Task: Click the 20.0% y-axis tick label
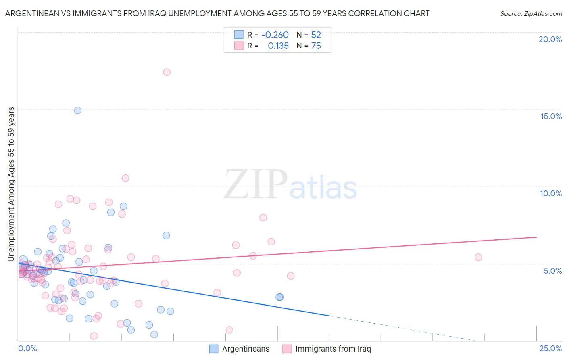coord(550,39)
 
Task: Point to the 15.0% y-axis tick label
coord(551,116)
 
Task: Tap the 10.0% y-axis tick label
coord(551,193)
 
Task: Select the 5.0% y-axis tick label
coord(552,271)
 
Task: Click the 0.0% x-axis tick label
coord(27,349)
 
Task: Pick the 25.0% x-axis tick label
coord(550,349)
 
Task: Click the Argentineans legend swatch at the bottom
coord(214,349)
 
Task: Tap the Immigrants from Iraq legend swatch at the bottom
coord(287,349)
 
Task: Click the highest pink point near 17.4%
coord(167,72)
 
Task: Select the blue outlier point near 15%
coord(77,110)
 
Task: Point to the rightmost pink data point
coord(478,257)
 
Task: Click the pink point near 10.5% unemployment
coord(125,178)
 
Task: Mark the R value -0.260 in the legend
coord(275,35)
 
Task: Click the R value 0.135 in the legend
coord(278,46)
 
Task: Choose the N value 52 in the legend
coord(316,35)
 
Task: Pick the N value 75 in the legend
coord(316,46)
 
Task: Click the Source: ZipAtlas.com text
coord(531,14)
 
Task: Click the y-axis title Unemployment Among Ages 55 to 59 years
coord(11,184)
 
